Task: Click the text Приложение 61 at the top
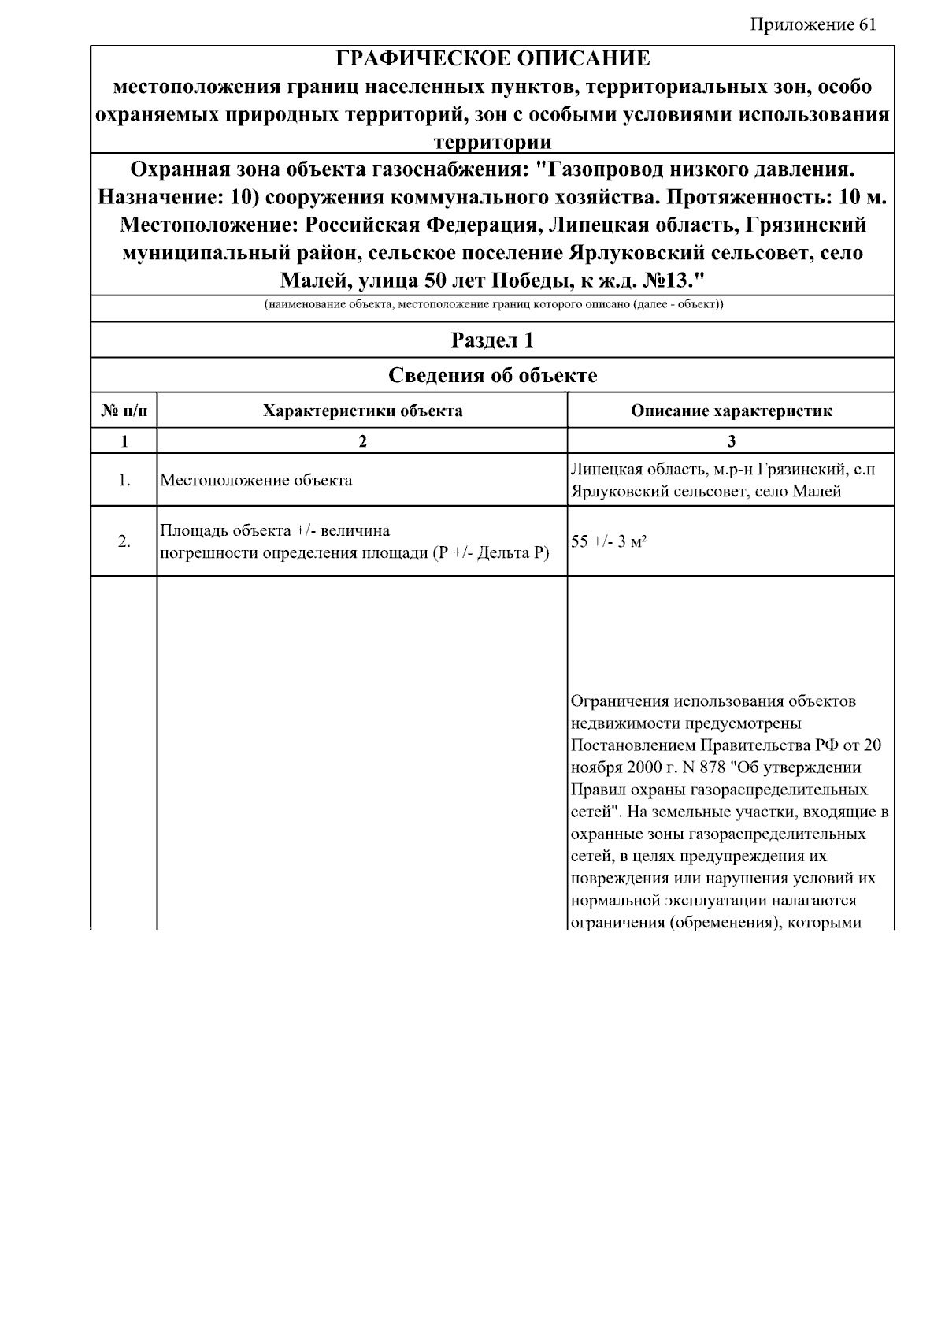813,24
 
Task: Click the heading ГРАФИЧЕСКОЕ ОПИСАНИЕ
493,59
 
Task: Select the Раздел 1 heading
492,340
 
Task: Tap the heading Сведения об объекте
492,375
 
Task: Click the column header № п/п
124,411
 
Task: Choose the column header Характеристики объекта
362,411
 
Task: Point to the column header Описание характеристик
731,411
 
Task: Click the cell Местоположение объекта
256,480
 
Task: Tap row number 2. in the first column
124,541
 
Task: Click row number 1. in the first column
124,480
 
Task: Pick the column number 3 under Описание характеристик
731,441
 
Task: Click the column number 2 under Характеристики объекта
362,441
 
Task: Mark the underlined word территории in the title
493,142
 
